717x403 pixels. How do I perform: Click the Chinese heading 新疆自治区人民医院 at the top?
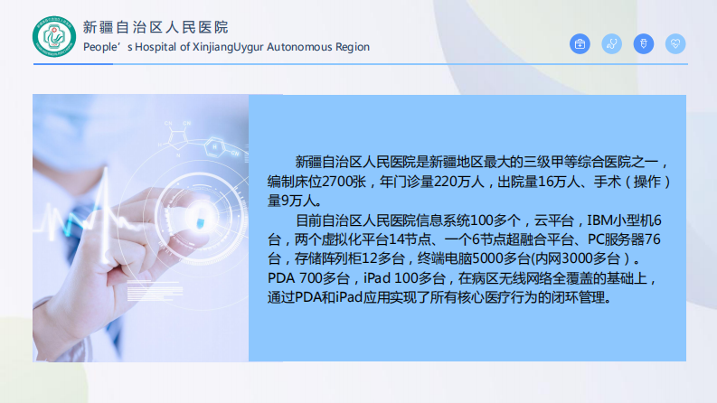(x=155, y=27)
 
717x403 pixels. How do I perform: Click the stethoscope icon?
(x=612, y=43)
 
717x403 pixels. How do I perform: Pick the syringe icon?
(x=643, y=43)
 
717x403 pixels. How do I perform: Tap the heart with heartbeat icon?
(x=675, y=43)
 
